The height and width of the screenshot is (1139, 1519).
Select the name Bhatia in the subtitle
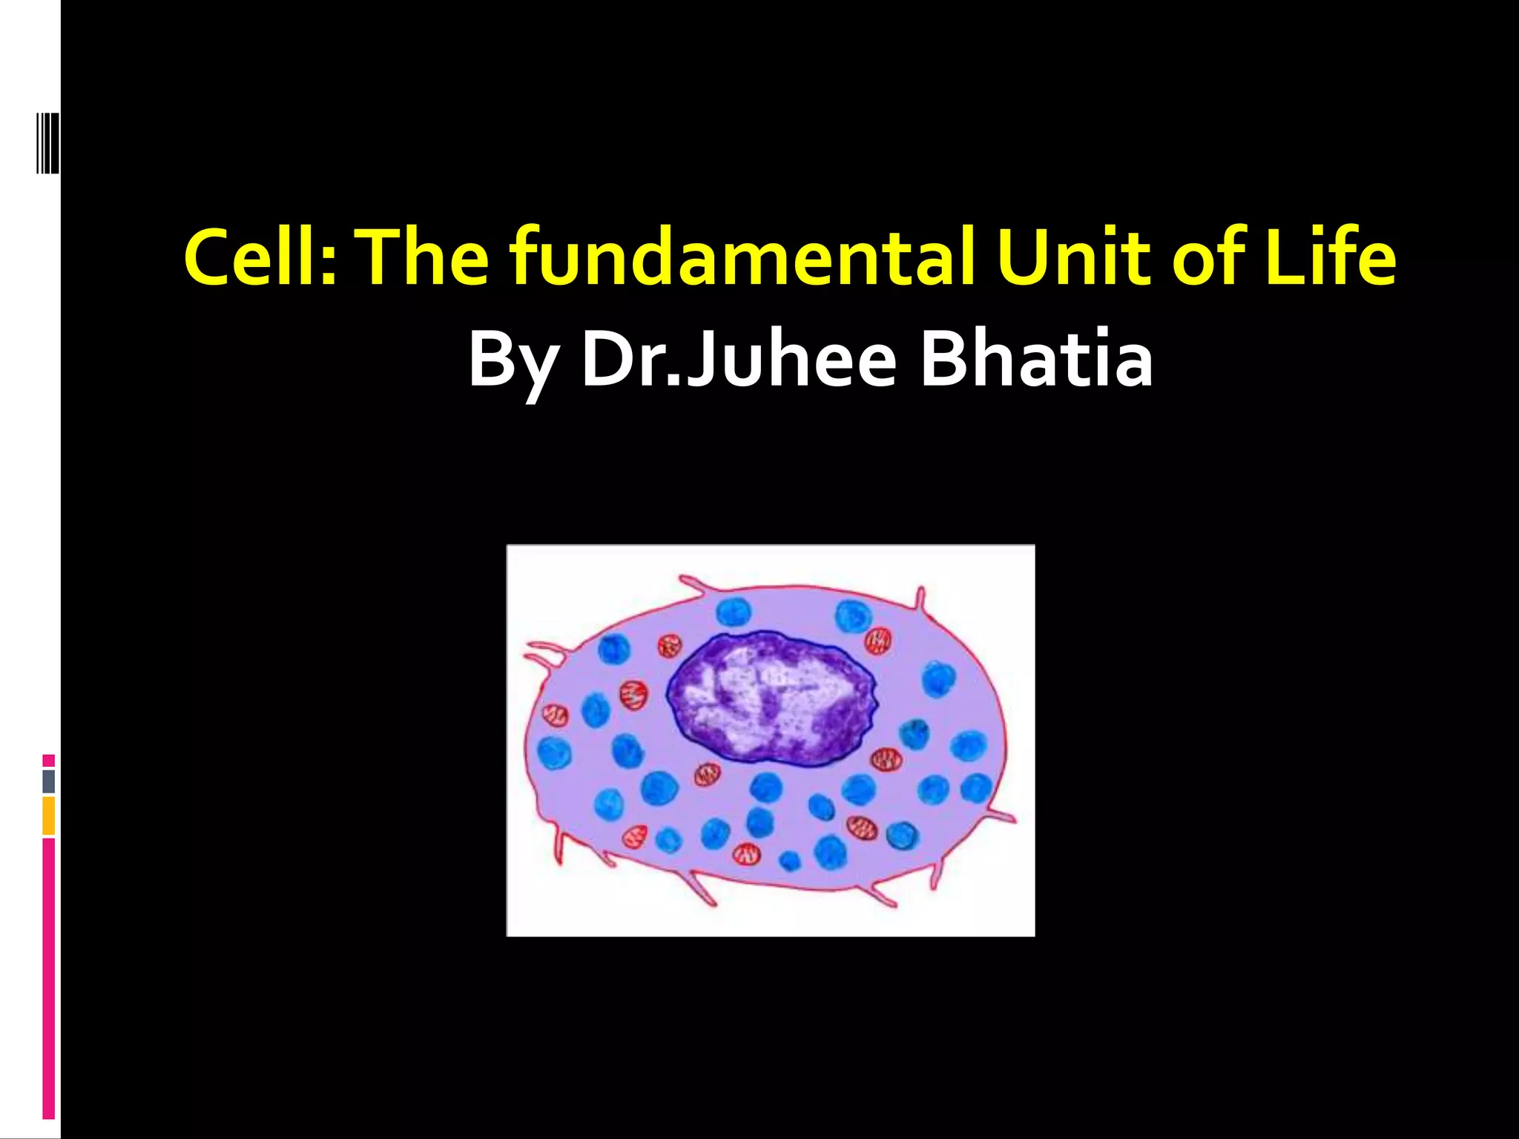tap(1036, 359)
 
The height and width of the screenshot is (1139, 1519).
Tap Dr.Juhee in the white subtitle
tap(739, 359)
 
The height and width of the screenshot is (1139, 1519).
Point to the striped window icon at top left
tap(47, 142)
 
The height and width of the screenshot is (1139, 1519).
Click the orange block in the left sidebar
tap(49, 816)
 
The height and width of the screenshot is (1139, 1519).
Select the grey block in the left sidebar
tap(49, 781)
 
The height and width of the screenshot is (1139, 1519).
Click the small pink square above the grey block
tap(49, 761)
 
